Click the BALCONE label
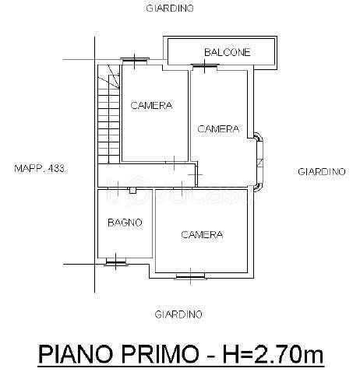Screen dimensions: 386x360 227,53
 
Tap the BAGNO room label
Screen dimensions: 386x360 125,222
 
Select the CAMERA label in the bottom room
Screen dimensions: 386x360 203,234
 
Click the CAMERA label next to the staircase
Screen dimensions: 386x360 151,106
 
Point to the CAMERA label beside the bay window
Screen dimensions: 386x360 218,129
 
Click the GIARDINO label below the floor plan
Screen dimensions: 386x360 178,314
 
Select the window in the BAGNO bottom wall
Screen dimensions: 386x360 115,261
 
